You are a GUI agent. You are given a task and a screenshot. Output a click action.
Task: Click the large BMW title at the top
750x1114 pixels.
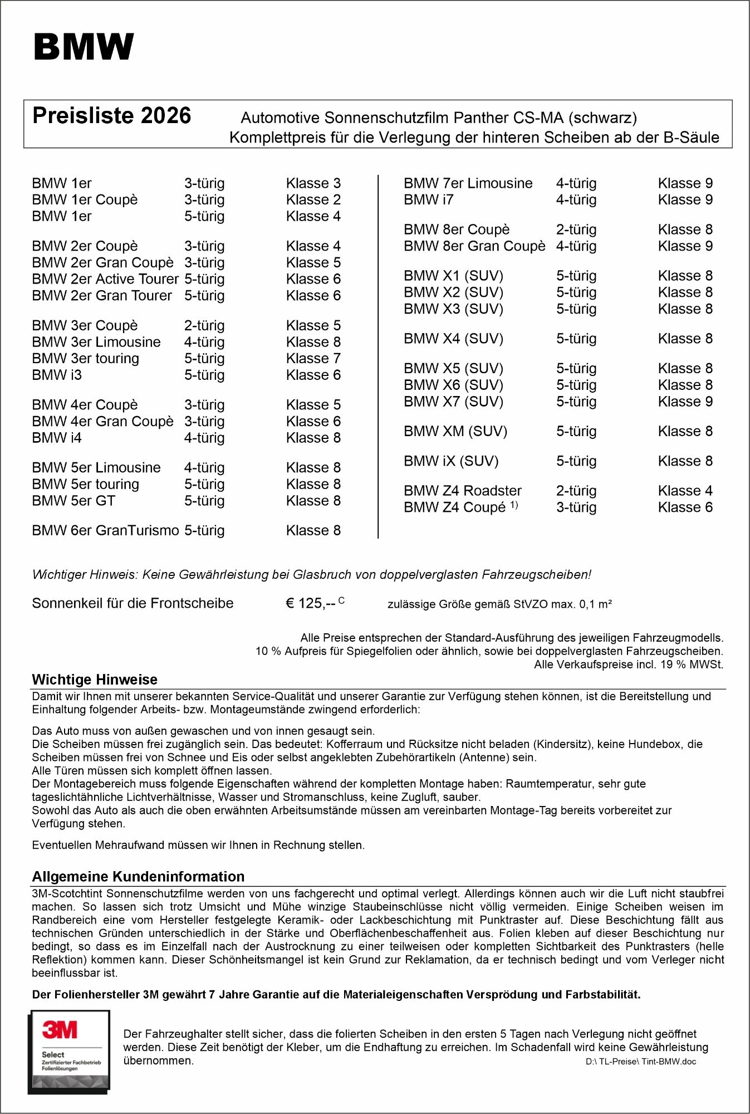point(84,47)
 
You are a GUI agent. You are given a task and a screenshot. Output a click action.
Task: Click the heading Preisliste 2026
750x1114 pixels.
point(111,116)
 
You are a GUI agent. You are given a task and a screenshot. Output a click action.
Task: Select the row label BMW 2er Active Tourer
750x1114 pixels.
point(105,279)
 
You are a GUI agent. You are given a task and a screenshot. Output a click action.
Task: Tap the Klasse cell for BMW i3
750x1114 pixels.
point(313,375)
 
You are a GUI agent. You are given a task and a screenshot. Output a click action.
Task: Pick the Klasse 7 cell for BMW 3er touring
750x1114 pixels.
point(313,359)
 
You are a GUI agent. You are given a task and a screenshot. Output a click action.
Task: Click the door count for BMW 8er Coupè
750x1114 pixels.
point(576,229)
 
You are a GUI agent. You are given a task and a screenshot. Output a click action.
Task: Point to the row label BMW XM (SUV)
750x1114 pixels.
point(455,431)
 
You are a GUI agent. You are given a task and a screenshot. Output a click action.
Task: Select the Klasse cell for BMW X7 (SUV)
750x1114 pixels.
point(685,402)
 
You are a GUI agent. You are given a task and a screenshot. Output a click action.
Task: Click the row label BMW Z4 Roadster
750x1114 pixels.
point(462,491)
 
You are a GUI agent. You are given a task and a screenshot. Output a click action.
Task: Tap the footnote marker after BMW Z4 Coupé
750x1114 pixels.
point(514,505)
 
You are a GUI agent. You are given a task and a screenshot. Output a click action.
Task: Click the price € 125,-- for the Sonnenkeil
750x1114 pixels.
point(310,603)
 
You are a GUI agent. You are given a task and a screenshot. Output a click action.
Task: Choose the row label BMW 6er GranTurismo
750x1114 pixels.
point(105,530)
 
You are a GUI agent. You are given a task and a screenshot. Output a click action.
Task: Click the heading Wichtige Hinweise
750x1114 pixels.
point(95,680)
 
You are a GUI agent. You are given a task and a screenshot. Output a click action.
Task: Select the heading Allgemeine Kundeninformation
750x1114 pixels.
point(138,877)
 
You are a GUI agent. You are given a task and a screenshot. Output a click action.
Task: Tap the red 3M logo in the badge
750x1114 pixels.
point(60,1030)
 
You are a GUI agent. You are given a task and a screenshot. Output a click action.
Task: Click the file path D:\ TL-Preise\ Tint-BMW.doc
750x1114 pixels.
point(640,1062)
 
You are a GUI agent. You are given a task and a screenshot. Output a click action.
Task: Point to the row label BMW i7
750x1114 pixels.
point(428,199)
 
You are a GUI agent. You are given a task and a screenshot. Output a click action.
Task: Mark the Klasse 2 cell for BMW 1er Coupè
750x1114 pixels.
point(313,199)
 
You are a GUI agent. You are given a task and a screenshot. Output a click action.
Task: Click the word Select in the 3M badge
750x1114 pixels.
point(53,1054)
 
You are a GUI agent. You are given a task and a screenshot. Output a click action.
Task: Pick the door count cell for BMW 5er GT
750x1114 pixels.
point(204,501)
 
